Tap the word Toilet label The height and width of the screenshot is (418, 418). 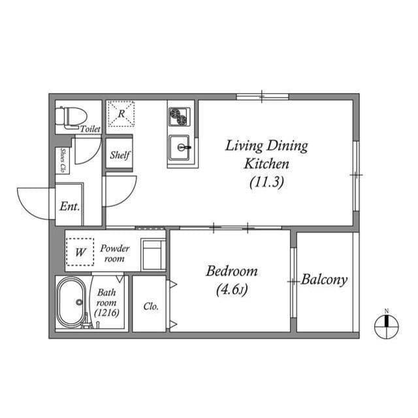(x=90, y=129)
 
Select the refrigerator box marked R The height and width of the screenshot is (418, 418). (x=121, y=113)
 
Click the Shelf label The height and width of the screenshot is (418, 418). (x=120, y=155)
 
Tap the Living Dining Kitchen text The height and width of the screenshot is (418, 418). (x=266, y=154)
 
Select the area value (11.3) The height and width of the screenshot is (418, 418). (x=266, y=183)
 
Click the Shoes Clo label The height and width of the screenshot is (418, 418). (x=63, y=161)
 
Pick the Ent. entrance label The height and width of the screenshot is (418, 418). (x=69, y=206)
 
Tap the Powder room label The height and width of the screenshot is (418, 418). (x=114, y=253)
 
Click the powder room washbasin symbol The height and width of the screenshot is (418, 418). (x=154, y=253)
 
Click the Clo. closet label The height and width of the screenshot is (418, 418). (x=151, y=306)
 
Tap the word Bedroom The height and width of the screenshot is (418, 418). (x=232, y=271)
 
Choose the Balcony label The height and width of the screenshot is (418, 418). (x=325, y=280)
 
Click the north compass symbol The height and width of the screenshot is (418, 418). (x=386, y=324)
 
